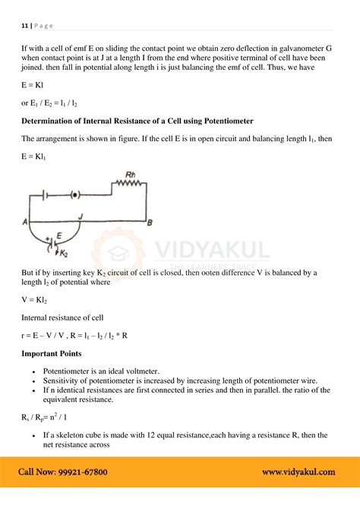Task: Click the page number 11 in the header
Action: [24, 24]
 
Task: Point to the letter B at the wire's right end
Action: [150, 222]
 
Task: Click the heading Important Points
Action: [52, 353]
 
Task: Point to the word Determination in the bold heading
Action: [53, 121]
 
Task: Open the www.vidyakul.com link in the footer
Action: [298, 472]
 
